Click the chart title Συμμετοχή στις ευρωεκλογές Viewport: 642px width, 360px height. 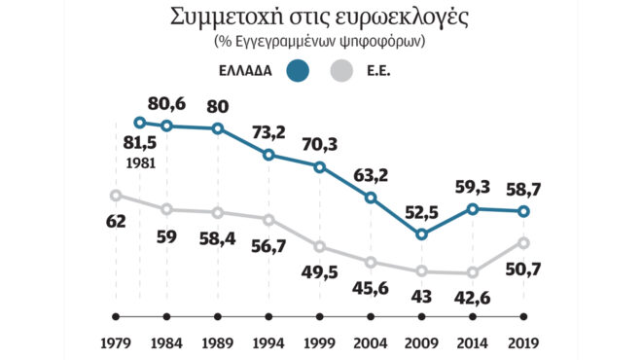tap(322, 17)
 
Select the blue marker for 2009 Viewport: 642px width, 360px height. tap(421, 234)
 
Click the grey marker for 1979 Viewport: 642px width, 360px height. tap(116, 195)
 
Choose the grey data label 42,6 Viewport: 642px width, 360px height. tap(473, 295)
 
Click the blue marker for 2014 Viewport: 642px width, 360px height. tap(473, 208)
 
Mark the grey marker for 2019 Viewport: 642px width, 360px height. tap(523, 242)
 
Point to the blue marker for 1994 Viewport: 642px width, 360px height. tap(268, 155)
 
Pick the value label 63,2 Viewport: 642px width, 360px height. tap(371, 174)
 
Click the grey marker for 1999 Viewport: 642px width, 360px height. tap(319, 247)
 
